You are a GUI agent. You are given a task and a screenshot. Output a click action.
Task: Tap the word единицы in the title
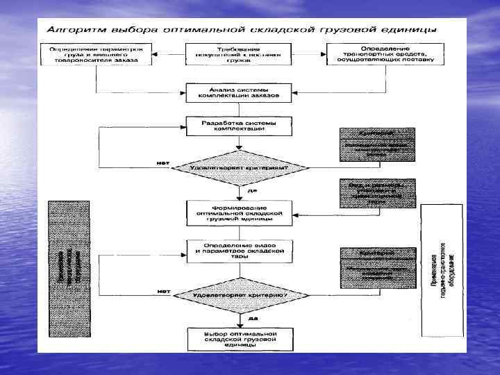click(412, 31)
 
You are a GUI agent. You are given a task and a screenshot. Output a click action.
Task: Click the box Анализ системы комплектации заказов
click(239, 92)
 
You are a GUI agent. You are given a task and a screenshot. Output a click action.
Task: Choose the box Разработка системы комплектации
click(239, 126)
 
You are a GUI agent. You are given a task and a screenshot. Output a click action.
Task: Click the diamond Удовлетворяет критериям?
click(239, 168)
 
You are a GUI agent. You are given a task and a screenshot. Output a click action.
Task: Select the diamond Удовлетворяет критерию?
click(239, 295)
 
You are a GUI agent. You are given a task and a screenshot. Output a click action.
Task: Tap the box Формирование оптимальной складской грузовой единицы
click(239, 212)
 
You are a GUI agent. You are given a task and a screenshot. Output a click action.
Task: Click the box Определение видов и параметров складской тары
click(239, 251)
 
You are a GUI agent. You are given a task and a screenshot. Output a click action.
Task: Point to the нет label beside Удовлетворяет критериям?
click(163, 163)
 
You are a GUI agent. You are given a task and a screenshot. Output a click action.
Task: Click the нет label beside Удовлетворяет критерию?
click(164, 290)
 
